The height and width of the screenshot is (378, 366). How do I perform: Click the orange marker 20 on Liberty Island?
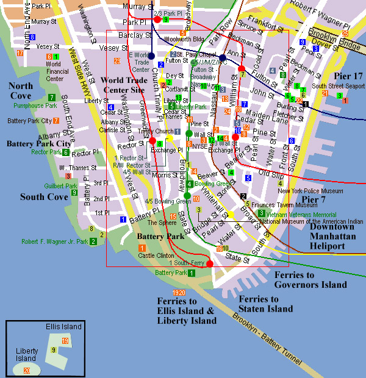click(x=26, y=370)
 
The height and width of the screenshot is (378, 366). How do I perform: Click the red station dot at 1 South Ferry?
click(x=209, y=264)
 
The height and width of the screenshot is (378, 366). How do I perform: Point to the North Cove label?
click(x=21, y=91)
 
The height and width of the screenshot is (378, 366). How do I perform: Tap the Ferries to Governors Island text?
click(x=310, y=280)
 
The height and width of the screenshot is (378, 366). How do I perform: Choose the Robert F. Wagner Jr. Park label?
click(x=55, y=241)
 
